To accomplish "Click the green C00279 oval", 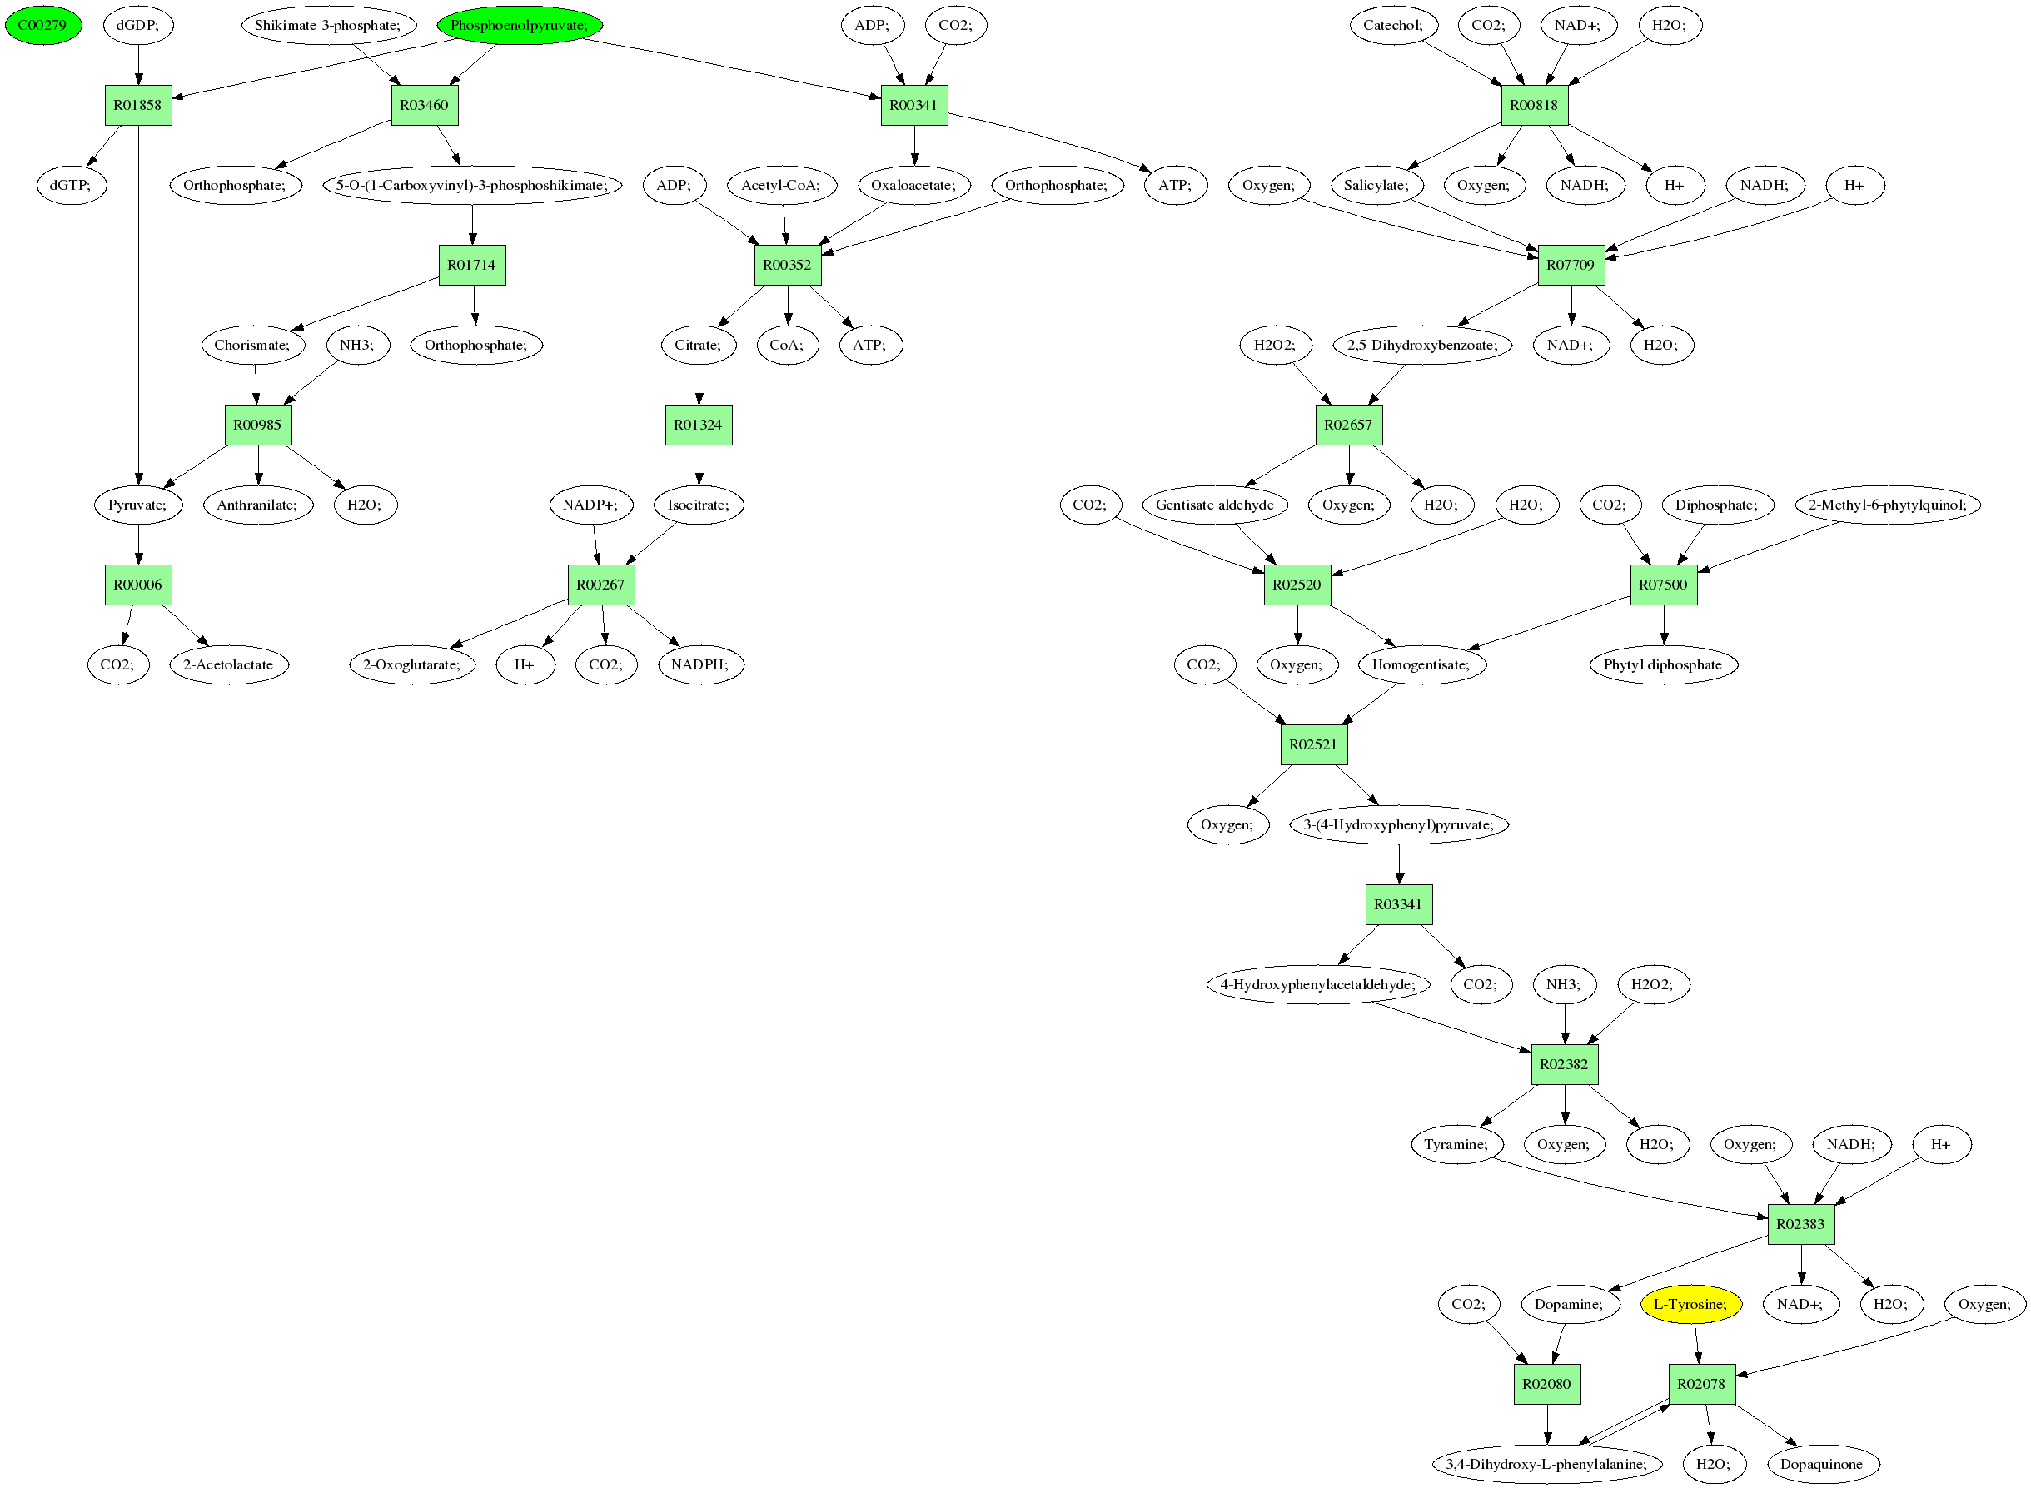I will click(x=43, y=25).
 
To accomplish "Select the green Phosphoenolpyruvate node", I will click(x=520, y=25).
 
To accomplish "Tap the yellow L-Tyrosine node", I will click(x=1690, y=1305).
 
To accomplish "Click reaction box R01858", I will click(x=137, y=106).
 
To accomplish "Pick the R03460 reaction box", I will click(x=424, y=106).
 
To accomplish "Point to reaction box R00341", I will click(x=914, y=106).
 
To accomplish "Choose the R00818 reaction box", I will click(x=1535, y=106).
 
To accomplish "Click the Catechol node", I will click(x=1393, y=25).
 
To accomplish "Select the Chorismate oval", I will click(x=253, y=345).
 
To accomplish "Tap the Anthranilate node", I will click(x=258, y=505).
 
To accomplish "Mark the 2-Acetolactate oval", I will click(x=229, y=665).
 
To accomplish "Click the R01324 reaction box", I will click(x=699, y=425).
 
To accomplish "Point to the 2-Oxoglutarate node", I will click(x=412, y=665).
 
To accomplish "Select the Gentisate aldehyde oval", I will click(x=1215, y=505).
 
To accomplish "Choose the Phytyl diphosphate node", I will click(x=1664, y=665).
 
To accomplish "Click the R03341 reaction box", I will click(x=1399, y=904).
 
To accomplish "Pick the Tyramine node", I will click(x=1456, y=1145).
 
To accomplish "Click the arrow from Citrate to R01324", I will click(x=699, y=385).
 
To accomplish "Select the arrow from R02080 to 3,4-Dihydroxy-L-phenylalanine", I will click(x=1547, y=1425).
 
